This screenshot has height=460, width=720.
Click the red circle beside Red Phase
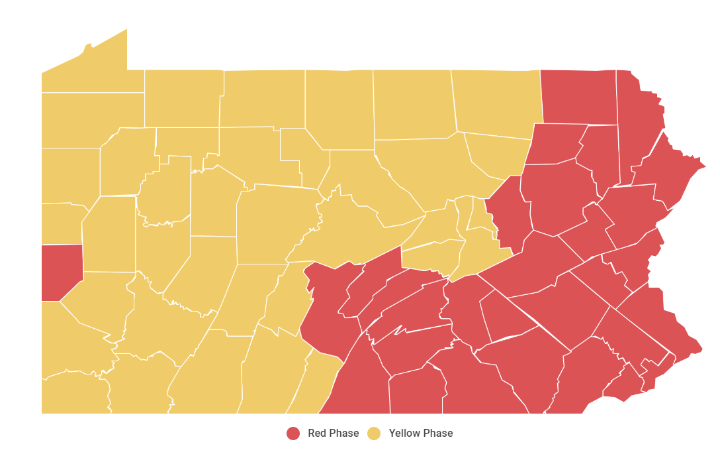click(293, 433)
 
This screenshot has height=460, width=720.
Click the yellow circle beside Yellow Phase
click(375, 433)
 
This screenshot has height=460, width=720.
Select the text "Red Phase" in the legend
click(333, 433)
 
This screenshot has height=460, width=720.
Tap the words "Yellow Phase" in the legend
click(421, 433)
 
